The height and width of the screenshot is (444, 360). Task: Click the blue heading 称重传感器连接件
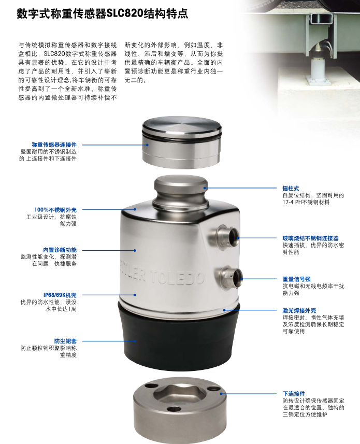click(x=54, y=145)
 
